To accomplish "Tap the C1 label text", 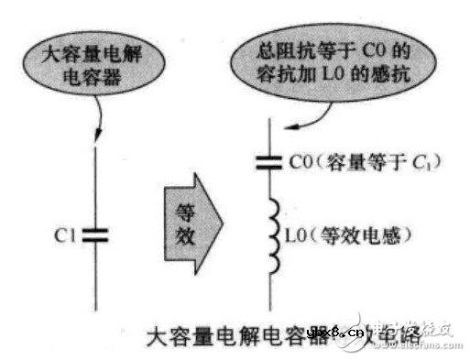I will click(65, 235).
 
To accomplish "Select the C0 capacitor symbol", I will click(271, 164).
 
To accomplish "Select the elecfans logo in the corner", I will click(430, 335).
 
